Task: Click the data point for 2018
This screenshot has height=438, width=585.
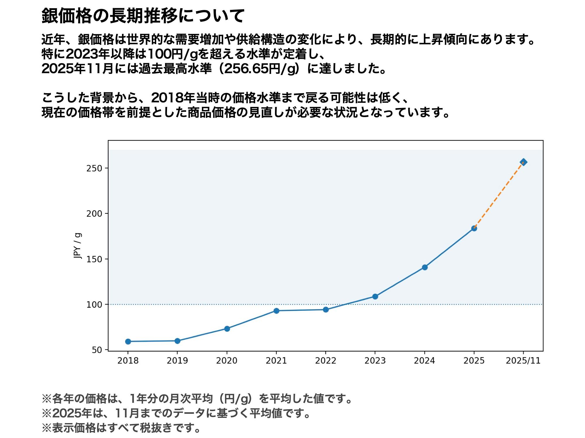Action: click(128, 341)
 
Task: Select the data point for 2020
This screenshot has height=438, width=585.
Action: click(227, 328)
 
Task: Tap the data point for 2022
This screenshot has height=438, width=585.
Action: click(326, 310)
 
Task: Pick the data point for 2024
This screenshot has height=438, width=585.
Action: click(425, 267)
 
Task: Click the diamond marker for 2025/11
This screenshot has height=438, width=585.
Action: click(524, 162)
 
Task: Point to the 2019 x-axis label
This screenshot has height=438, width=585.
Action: click(177, 361)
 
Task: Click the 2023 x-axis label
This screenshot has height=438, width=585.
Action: click(375, 361)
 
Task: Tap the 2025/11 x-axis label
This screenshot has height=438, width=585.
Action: click(523, 361)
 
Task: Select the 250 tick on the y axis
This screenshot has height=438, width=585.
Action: click(94, 168)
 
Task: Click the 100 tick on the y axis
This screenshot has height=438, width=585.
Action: click(94, 305)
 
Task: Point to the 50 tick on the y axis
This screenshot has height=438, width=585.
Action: click(97, 350)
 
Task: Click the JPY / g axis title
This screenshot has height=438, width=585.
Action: click(78, 246)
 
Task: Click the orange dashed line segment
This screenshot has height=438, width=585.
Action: click(499, 195)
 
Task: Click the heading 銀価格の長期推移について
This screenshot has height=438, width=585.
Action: click(143, 16)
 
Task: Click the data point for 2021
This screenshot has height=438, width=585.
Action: click(276, 311)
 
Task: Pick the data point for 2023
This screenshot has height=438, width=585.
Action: click(375, 297)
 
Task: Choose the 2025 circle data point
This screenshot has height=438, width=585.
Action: click(474, 228)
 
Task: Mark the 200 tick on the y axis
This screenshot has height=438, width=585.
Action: click(94, 214)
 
